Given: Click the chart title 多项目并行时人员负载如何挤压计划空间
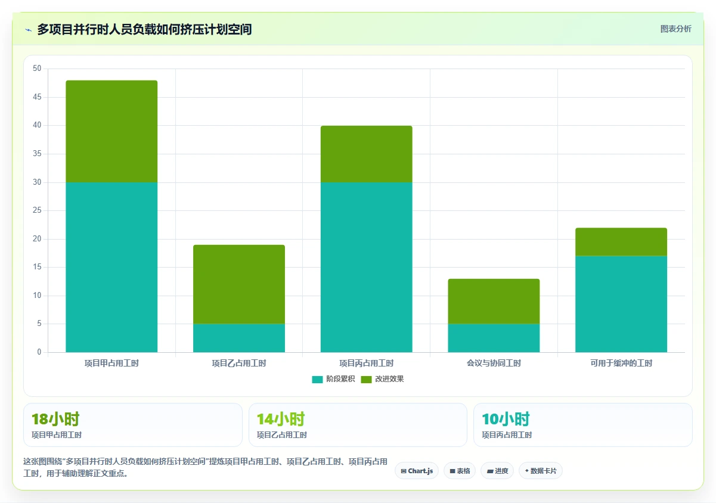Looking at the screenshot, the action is point(144,29).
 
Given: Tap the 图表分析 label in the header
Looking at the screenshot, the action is point(675,29).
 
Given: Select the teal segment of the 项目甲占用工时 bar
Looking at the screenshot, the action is point(111,267).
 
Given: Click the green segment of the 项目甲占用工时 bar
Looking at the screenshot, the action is point(111,131).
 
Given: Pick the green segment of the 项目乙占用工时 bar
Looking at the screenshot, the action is point(239,284).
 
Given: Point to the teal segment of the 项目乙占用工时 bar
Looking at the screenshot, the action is point(239,338).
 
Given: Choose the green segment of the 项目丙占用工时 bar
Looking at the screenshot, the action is point(366,154).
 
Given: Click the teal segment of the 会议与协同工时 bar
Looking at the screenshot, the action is point(494,338).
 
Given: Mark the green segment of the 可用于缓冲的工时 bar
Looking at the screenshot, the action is point(621,242).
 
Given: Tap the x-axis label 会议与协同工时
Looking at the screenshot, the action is point(494,363).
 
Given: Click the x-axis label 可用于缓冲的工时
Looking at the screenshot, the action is point(621,363).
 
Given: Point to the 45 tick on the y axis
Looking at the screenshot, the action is point(37,97).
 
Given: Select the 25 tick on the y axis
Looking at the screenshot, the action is point(37,210).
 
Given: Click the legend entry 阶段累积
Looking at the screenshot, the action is point(333,379).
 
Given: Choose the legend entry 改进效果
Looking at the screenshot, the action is point(382,379).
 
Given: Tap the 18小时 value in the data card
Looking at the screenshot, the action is point(55,420).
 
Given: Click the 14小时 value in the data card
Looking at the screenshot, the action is point(281,420).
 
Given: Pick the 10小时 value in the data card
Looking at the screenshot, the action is point(506,420).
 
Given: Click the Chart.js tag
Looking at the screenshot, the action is point(417,471).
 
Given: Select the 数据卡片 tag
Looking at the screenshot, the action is point(541,471).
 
